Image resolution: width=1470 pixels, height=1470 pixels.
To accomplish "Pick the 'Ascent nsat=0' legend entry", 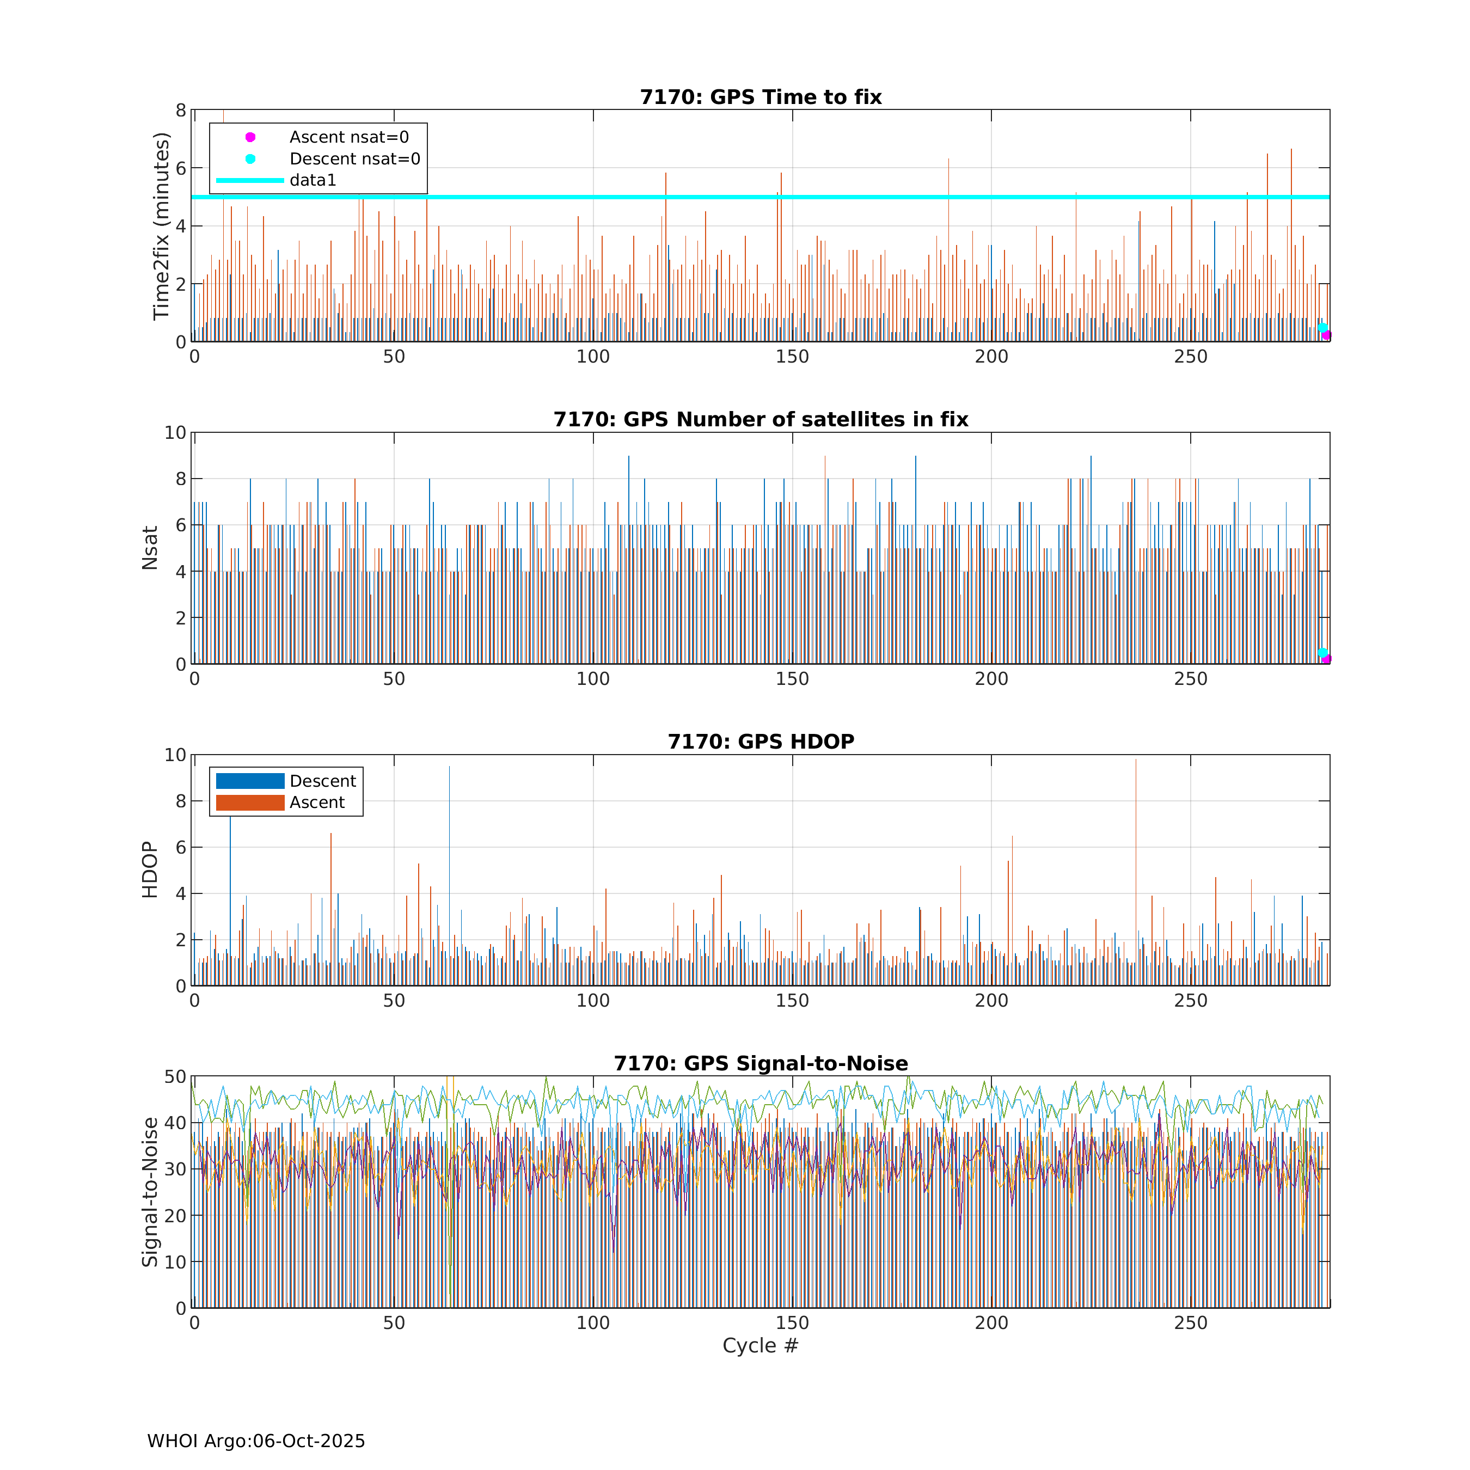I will pos(348,137).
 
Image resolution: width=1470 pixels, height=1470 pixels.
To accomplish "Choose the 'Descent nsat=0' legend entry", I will pos(354,159).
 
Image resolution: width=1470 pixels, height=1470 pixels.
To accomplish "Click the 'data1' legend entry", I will pos(312,180).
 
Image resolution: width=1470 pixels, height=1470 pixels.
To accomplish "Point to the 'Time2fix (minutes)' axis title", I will pos(161,226).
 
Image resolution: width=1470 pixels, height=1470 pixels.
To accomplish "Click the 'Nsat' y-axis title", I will pos(150,548).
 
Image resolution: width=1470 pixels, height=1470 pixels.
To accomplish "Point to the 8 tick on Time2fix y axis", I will pos(180,111).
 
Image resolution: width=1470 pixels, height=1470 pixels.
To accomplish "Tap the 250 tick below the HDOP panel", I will pos(1190,1001).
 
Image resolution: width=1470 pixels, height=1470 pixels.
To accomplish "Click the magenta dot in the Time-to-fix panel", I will pos(1326,335).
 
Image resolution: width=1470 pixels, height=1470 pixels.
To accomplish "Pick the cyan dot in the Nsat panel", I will pos(1322,653).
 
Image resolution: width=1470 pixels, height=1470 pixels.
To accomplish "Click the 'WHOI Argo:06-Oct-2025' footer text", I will pos(256,1441).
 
